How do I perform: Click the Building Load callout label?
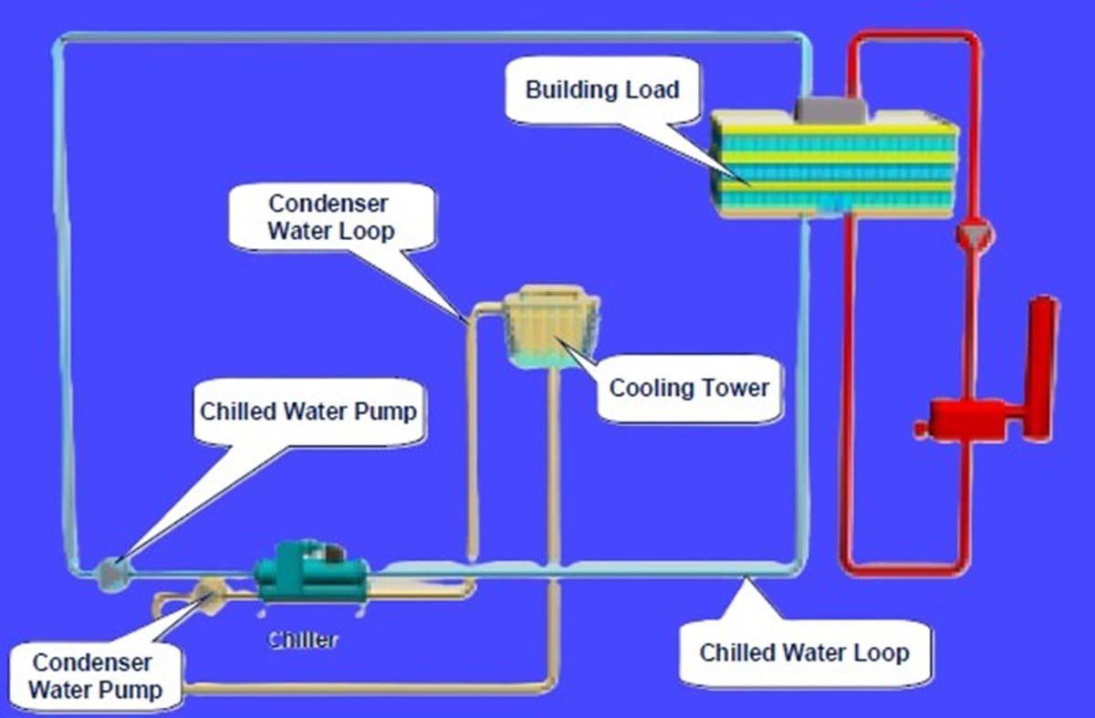[602, 89]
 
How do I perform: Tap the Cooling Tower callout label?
[689, 388]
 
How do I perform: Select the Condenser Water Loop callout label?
[329, 217]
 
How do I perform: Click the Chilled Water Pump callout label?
[308, 411]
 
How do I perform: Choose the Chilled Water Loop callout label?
[804, 652]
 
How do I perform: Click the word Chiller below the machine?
[302, 640]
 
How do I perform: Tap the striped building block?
[833, 164]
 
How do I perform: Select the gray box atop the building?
[830, 109]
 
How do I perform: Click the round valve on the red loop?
[974, 235]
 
